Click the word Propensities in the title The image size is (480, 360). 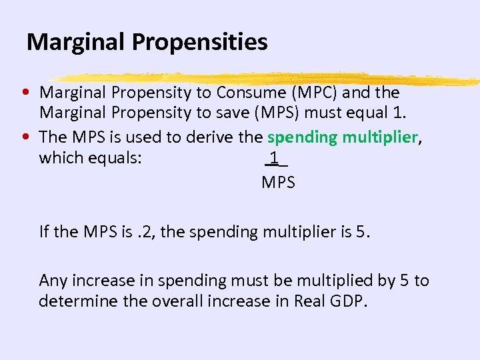point(199,43)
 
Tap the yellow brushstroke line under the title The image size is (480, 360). point(267,78)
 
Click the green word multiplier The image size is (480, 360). point(380,137)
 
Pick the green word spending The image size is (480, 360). point(303,137)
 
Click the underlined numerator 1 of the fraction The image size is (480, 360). point(274,158)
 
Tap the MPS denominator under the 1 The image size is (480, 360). point(278,182)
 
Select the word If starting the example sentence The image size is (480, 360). point(44,232)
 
